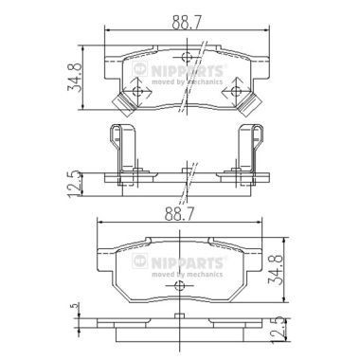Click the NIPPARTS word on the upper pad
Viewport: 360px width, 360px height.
[x=196, y=70]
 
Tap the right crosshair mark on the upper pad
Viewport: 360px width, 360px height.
[x=235, y=91]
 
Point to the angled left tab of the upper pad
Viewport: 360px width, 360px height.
[x=121, y=102]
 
